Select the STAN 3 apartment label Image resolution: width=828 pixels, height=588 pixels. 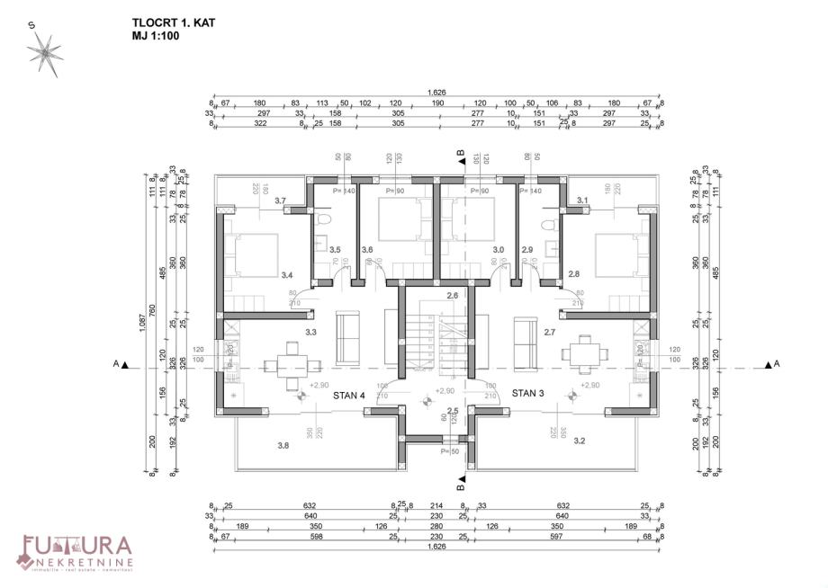pos(529,393)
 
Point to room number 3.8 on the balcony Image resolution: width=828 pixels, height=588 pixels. pos(283,445)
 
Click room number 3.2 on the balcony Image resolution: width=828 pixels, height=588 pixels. pos(580,441)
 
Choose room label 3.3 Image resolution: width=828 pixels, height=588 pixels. pos(311,332)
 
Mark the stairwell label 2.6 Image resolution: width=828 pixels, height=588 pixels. pos(452,296)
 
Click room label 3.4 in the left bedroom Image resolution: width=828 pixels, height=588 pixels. pos(287,274)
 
